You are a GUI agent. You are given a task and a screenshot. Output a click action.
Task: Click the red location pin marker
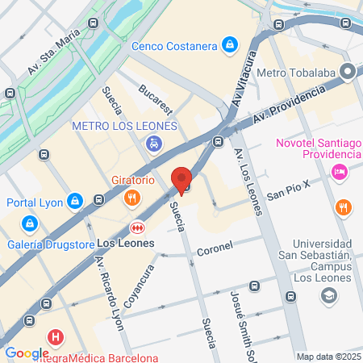point(181,180)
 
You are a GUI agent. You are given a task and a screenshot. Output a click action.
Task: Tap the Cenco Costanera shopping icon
point(231,44)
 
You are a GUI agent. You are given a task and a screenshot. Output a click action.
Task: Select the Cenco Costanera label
point(175,45)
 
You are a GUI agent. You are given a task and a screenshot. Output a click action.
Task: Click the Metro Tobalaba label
point(296,73)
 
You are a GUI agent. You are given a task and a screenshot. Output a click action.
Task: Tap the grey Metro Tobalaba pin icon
point(348,73)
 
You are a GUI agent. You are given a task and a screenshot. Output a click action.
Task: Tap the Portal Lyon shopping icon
point(75,200)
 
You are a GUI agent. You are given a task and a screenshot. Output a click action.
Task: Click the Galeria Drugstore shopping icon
point(29,222)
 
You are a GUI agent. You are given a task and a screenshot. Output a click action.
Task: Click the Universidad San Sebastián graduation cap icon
point(328,297)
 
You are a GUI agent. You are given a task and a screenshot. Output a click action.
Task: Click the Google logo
point(27,353)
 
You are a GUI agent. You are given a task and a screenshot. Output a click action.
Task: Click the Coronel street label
point(215,245)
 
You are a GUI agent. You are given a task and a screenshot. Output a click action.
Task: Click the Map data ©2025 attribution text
point(327,357)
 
